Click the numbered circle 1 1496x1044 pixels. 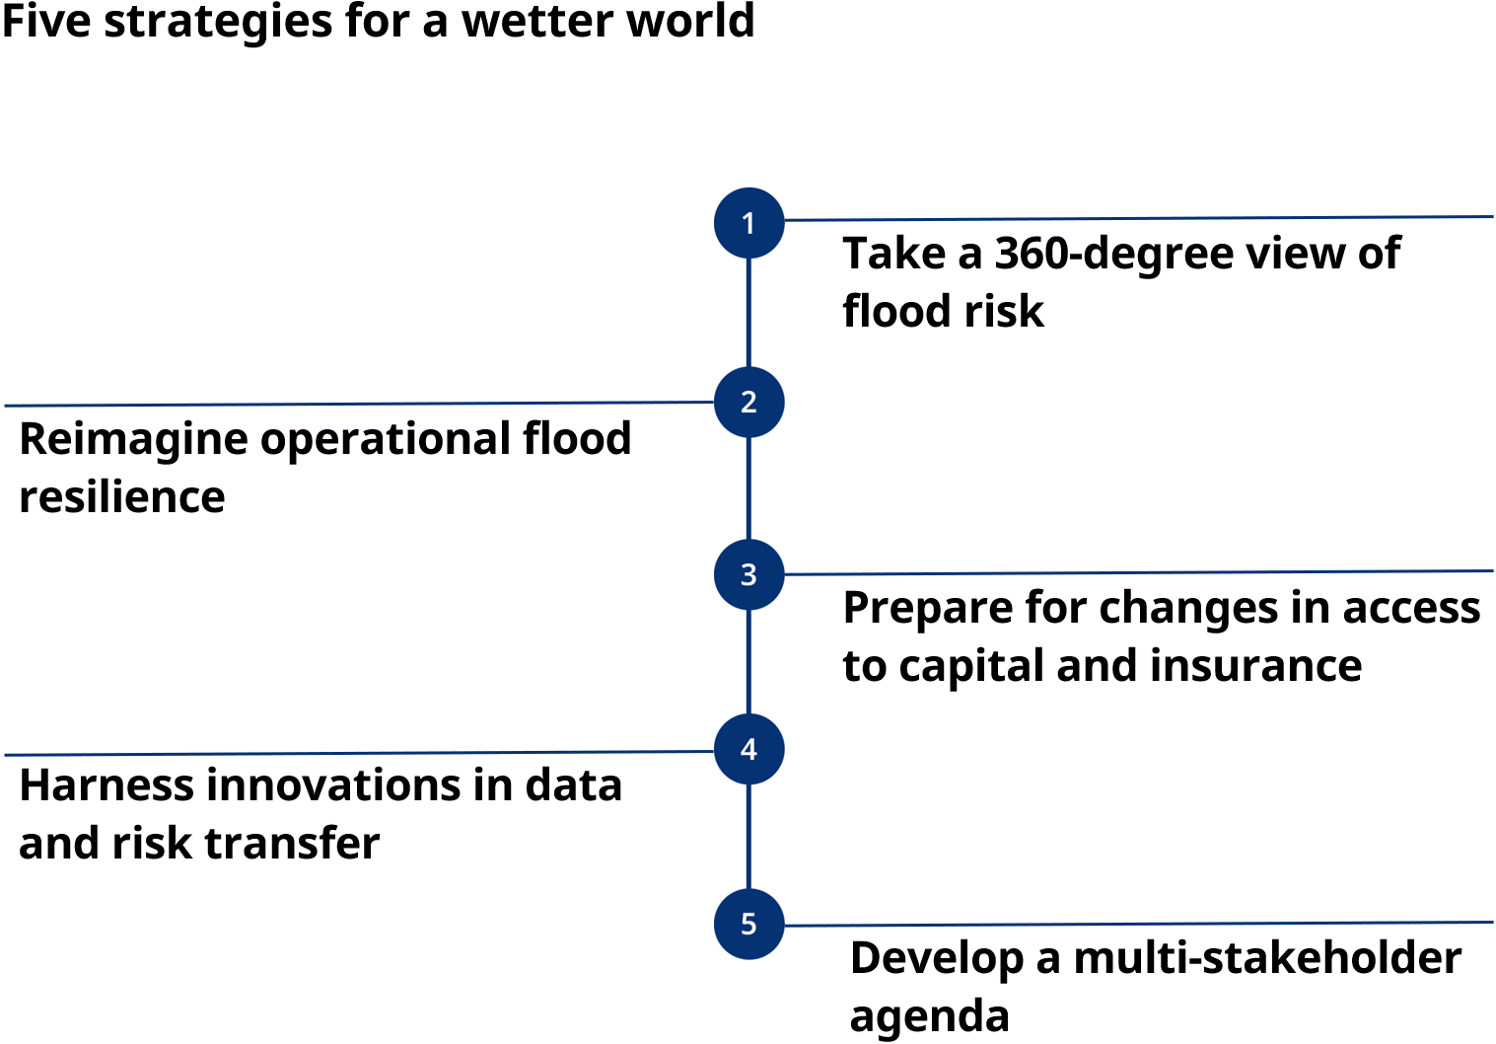tap(748, 223)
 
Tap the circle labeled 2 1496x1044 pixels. tap(748, 402)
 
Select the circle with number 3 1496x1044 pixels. tap(748, 574)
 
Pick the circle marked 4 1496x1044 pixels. tap(748, 749)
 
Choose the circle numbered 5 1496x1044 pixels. tap(748, 924)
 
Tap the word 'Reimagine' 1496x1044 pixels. tap(133, 441)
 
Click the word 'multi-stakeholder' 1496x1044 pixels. tap(1267, 957)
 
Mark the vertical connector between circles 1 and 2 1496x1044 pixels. tap(748, 312)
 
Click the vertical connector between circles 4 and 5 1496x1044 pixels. tap(748, 836)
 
